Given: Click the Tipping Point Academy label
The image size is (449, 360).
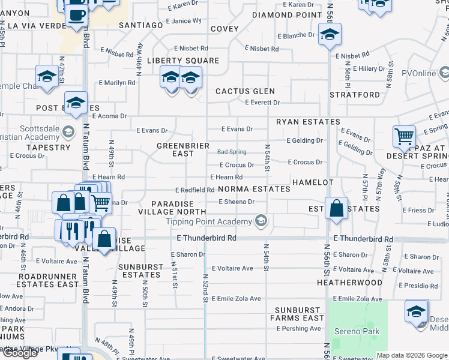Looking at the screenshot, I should pos(209,222).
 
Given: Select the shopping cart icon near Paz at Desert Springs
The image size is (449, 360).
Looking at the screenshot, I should pos(405,137).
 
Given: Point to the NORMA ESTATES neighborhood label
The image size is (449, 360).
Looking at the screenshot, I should pos(254,189).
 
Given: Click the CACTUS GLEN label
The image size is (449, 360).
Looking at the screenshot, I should pos(245,91).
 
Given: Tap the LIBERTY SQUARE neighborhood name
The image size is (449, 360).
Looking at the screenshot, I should pos(183,61).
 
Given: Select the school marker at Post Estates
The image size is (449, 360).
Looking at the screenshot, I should pos(76,103).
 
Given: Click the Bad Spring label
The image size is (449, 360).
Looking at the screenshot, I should pos(232,152).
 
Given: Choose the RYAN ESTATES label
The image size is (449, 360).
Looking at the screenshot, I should pos(308,122).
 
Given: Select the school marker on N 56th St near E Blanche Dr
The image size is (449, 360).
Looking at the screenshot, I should pos(330,34).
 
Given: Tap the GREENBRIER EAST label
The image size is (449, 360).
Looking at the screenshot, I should pos(183,149).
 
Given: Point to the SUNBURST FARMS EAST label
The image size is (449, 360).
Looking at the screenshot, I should pos(299,314).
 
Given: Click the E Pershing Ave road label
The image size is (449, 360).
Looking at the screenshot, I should pos(299,329).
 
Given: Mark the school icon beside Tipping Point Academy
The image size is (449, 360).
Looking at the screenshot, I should pos(261,222).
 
